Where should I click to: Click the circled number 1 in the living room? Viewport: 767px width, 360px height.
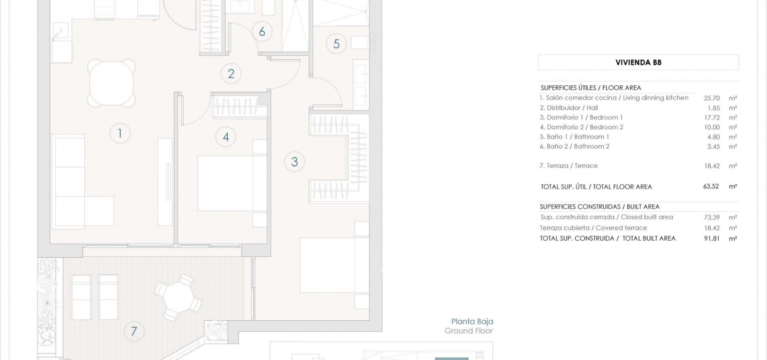click(120, 133)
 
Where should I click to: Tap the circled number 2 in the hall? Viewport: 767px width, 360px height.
click(231, 73)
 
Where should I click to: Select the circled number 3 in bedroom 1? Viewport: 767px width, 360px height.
click(294, 162)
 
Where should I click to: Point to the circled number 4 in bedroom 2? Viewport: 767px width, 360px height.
click(226, 137)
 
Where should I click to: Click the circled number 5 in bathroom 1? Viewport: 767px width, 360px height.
click(336, 44)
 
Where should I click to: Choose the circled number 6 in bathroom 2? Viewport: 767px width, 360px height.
click(262, 32)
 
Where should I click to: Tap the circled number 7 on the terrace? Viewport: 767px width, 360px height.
click(134, 331)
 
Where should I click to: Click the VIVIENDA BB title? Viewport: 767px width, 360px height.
click(638, 63)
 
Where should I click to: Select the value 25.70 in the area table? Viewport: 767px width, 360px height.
click(712, 98)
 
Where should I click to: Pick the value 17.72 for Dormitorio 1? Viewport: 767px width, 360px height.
click(712, 117)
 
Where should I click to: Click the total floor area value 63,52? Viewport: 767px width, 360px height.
click(711, 186)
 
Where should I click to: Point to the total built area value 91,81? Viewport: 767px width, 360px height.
click(712, 238)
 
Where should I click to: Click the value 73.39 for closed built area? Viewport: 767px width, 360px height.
click(712, 217)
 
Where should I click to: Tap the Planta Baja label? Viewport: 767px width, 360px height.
click(472, 322)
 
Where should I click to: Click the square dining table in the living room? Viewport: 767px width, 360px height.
click(111, 83)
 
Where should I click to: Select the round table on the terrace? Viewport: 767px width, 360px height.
click(178, 297)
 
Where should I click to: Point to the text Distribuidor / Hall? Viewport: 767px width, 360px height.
click(572, 108)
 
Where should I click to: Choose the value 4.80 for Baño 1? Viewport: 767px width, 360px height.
click(713, 137)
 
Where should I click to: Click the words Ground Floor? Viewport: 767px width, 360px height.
click(469, 331)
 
